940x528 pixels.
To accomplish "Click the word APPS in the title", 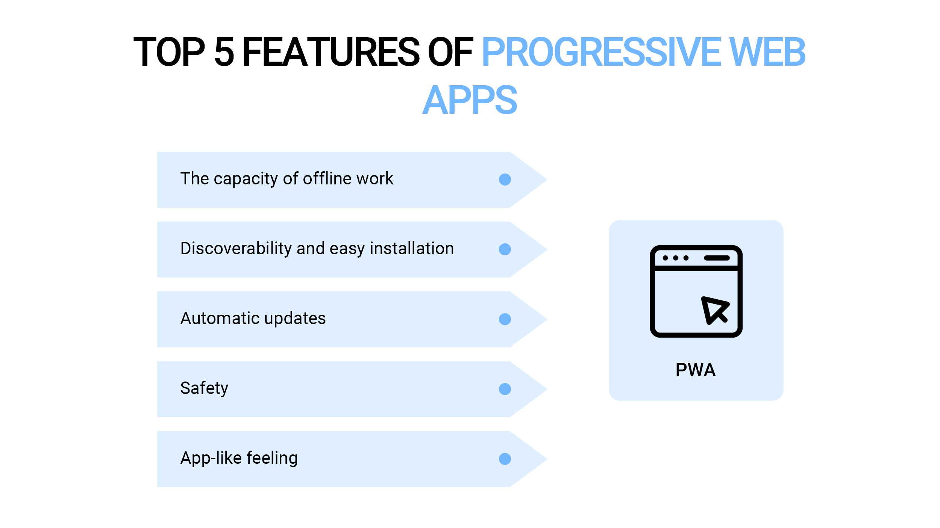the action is [470, 100].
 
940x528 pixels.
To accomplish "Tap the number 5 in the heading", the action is [224, 52].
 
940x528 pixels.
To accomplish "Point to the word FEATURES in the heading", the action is [331, 52].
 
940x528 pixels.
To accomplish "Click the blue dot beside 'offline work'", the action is [505, 180].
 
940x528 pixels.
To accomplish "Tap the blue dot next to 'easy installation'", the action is [505, 249].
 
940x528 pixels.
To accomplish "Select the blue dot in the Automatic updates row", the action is [505, 319].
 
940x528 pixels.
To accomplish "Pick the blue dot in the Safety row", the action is [505, 389].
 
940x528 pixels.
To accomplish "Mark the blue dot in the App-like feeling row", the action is [505, 459].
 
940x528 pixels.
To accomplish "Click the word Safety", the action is [204, 388].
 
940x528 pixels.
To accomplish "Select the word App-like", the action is [211, 459].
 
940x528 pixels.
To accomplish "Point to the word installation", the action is [412, 248].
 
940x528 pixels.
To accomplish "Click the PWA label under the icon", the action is [696, 370].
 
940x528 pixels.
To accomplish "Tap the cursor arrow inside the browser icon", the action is [715, 310].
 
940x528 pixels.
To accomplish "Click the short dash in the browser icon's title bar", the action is [717, 258].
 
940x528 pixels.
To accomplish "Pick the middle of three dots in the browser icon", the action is [676, 258].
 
